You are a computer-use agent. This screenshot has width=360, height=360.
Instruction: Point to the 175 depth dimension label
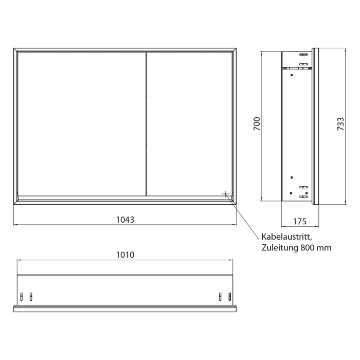[300, 221]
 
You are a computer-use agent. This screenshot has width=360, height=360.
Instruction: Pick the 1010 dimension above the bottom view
[124, 255]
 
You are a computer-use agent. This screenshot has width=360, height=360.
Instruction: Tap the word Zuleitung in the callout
[278, 247]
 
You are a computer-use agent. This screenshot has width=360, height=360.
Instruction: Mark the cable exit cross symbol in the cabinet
[225, 193]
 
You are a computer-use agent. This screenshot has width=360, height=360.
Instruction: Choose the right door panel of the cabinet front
[190, 123]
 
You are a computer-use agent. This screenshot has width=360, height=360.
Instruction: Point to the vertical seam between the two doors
[147, 123]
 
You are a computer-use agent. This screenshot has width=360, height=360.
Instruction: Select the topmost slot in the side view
[303, 54]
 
